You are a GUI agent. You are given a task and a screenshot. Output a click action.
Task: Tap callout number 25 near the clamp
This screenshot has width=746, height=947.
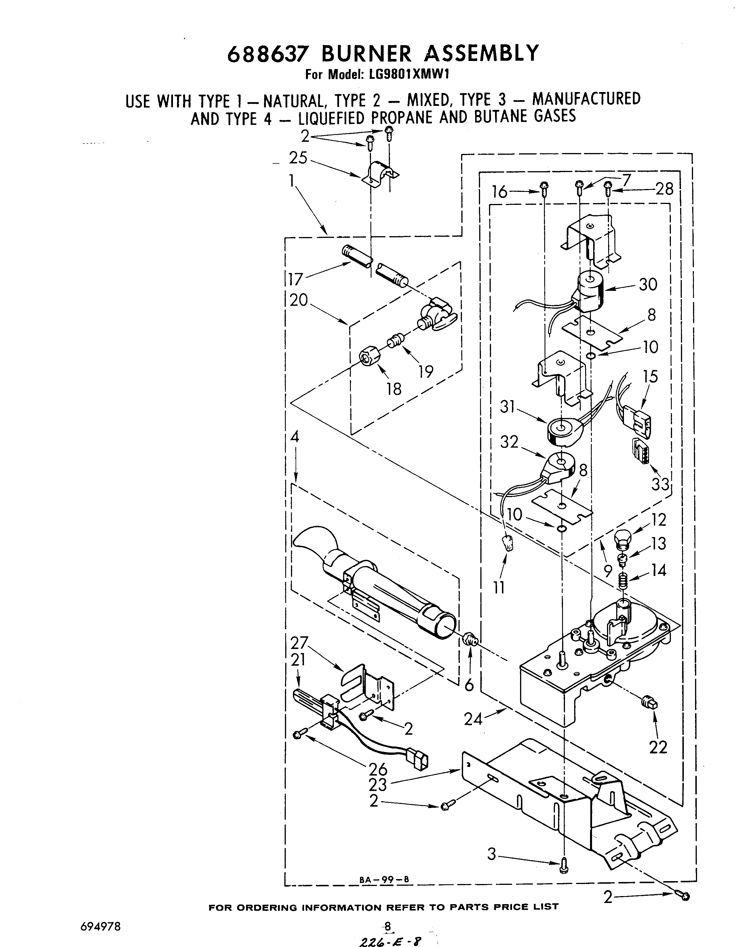pos(298,158)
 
